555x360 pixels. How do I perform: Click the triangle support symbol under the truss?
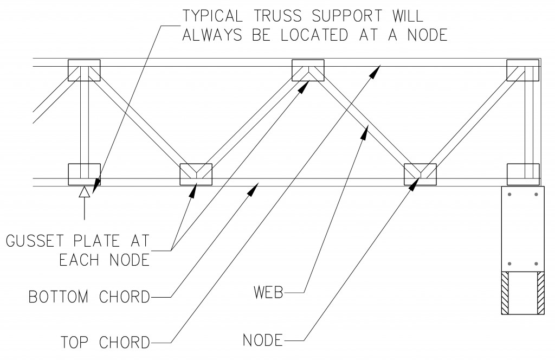coord(84,191)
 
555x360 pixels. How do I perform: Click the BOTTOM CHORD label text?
coord(89,297)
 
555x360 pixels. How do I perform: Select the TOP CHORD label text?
coord(105,343)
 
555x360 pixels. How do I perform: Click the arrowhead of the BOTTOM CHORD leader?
coord(253,188)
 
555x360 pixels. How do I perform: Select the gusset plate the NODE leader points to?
coord(421,174)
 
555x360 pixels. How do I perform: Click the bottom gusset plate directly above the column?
coord(523,174)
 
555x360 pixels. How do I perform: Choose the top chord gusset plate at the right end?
coord(523,70)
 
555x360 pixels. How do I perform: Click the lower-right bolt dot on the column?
coord(537,264)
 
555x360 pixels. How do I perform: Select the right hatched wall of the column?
coord(541,293)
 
